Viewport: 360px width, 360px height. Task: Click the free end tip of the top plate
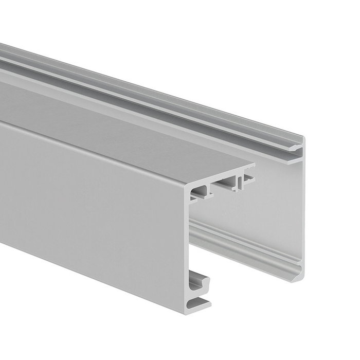253,167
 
